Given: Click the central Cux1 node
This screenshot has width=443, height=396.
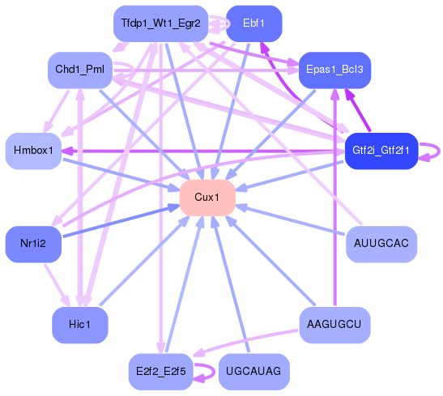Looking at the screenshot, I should tap(207, 198).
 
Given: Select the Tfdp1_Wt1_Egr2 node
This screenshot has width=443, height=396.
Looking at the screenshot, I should tap(160, 23).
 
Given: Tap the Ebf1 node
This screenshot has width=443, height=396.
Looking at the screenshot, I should tap(253, 23).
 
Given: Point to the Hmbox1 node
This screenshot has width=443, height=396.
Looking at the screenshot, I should tap(34, 151).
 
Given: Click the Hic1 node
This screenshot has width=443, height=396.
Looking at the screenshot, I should tap(79, 325).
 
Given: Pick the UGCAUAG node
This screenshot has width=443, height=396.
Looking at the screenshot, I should tap(253, 372).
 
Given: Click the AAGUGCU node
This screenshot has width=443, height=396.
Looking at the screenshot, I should tap(334, 325).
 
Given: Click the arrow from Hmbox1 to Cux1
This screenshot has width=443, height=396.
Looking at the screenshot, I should tap(121, 174).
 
